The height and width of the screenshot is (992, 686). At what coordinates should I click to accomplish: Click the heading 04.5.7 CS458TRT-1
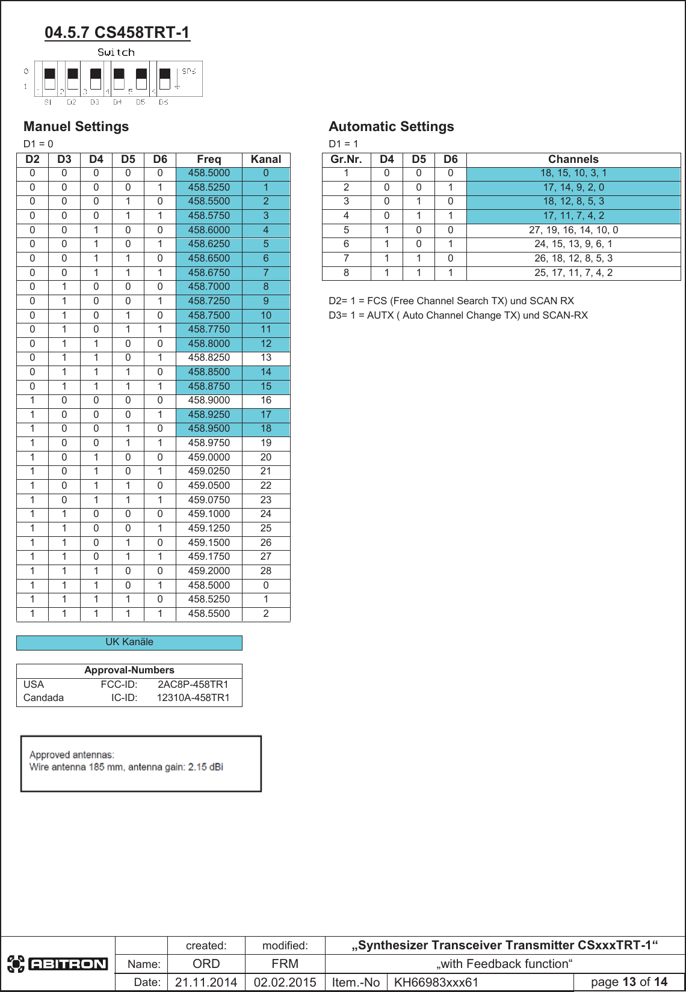point(117,32)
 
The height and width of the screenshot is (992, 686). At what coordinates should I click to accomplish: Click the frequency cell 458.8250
point(209,358)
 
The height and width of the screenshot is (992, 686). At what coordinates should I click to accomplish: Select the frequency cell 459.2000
point(209,571)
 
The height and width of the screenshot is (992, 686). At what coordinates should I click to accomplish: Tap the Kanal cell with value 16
point(266,400)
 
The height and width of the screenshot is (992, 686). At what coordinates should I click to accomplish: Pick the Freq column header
point(209,159)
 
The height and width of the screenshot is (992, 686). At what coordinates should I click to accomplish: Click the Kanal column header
point(266,159)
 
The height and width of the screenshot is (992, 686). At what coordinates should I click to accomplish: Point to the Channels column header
point(573,159)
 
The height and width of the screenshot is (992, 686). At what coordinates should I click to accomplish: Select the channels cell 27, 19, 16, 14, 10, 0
point(573,230)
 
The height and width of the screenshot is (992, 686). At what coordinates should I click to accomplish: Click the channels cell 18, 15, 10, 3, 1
point(573,173)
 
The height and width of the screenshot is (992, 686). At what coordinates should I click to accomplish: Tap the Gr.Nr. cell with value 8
point(346,273)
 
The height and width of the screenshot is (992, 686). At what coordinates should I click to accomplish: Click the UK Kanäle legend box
point(129,642)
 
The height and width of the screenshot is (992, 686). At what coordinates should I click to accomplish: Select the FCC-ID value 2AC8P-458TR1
point(193,684)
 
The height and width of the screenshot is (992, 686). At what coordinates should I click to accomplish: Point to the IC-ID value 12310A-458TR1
point(193,698)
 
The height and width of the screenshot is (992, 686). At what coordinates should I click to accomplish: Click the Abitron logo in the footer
point(58,964)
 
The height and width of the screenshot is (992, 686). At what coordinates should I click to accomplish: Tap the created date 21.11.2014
point(206,982)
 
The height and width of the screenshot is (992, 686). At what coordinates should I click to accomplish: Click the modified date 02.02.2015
point(285,982)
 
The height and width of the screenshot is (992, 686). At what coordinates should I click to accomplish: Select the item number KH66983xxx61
point(436,982)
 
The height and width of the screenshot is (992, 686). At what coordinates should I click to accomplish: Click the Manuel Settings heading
point(76,127)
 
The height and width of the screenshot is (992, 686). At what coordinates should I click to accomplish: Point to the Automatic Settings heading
point(391,127)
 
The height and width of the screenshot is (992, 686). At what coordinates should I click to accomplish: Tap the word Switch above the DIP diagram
point(116,53)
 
